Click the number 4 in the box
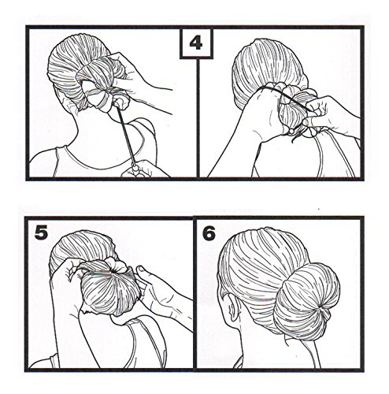[x=196, y=43]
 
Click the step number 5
[x=41, y=232]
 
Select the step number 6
[x=209, y=233]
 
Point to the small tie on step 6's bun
[x=325, y=314]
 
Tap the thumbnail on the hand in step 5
[x=141, y=269]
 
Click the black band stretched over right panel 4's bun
[x=285, y=96]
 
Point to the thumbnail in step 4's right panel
[x=306, y=122]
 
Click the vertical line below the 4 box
[x=198, y=117]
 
